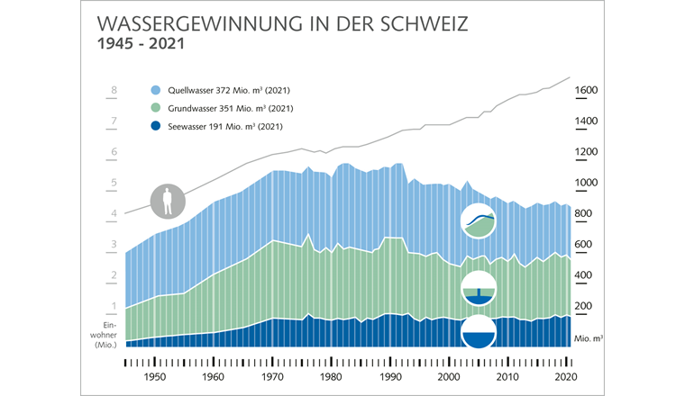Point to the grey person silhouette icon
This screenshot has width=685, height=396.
click(x=167, y=201)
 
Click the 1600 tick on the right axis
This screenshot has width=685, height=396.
click(x=590, y=91)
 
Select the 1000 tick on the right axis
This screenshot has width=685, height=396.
click(x=590, y=183)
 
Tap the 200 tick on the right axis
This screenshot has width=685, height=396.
click(x=586, y=306)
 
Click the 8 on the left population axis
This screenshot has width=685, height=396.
click(x=114, y=91)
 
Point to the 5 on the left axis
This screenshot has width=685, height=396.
click(x=114, y=183)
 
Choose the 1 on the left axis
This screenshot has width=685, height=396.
click(x=114, y=306)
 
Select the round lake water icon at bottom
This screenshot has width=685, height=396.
click(x=479, y=333)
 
